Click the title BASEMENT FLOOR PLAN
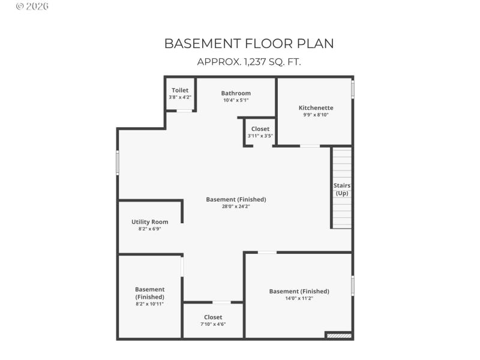coord(249,44)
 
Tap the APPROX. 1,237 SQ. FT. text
coord(249,62)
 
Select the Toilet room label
coord(180,90)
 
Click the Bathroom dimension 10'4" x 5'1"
coord(236,100)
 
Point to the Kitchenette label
coord(316,108)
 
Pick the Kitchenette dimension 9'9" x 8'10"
coord(316,115)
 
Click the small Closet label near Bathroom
coord(260,129)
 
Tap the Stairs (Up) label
coord(342,189)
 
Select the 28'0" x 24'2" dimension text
coord(236,206)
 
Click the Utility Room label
coord(150,222)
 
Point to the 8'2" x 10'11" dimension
coord(149,304)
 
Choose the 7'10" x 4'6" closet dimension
coord(213,324)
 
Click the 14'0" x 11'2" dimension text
coord(299,298)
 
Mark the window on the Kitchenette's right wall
coord(353,89)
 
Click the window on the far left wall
coord(118,163)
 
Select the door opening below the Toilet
coord(184,111)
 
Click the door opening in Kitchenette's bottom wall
coord(310,146)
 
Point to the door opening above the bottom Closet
coord(221,302)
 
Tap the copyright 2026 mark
coord(32,7)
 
